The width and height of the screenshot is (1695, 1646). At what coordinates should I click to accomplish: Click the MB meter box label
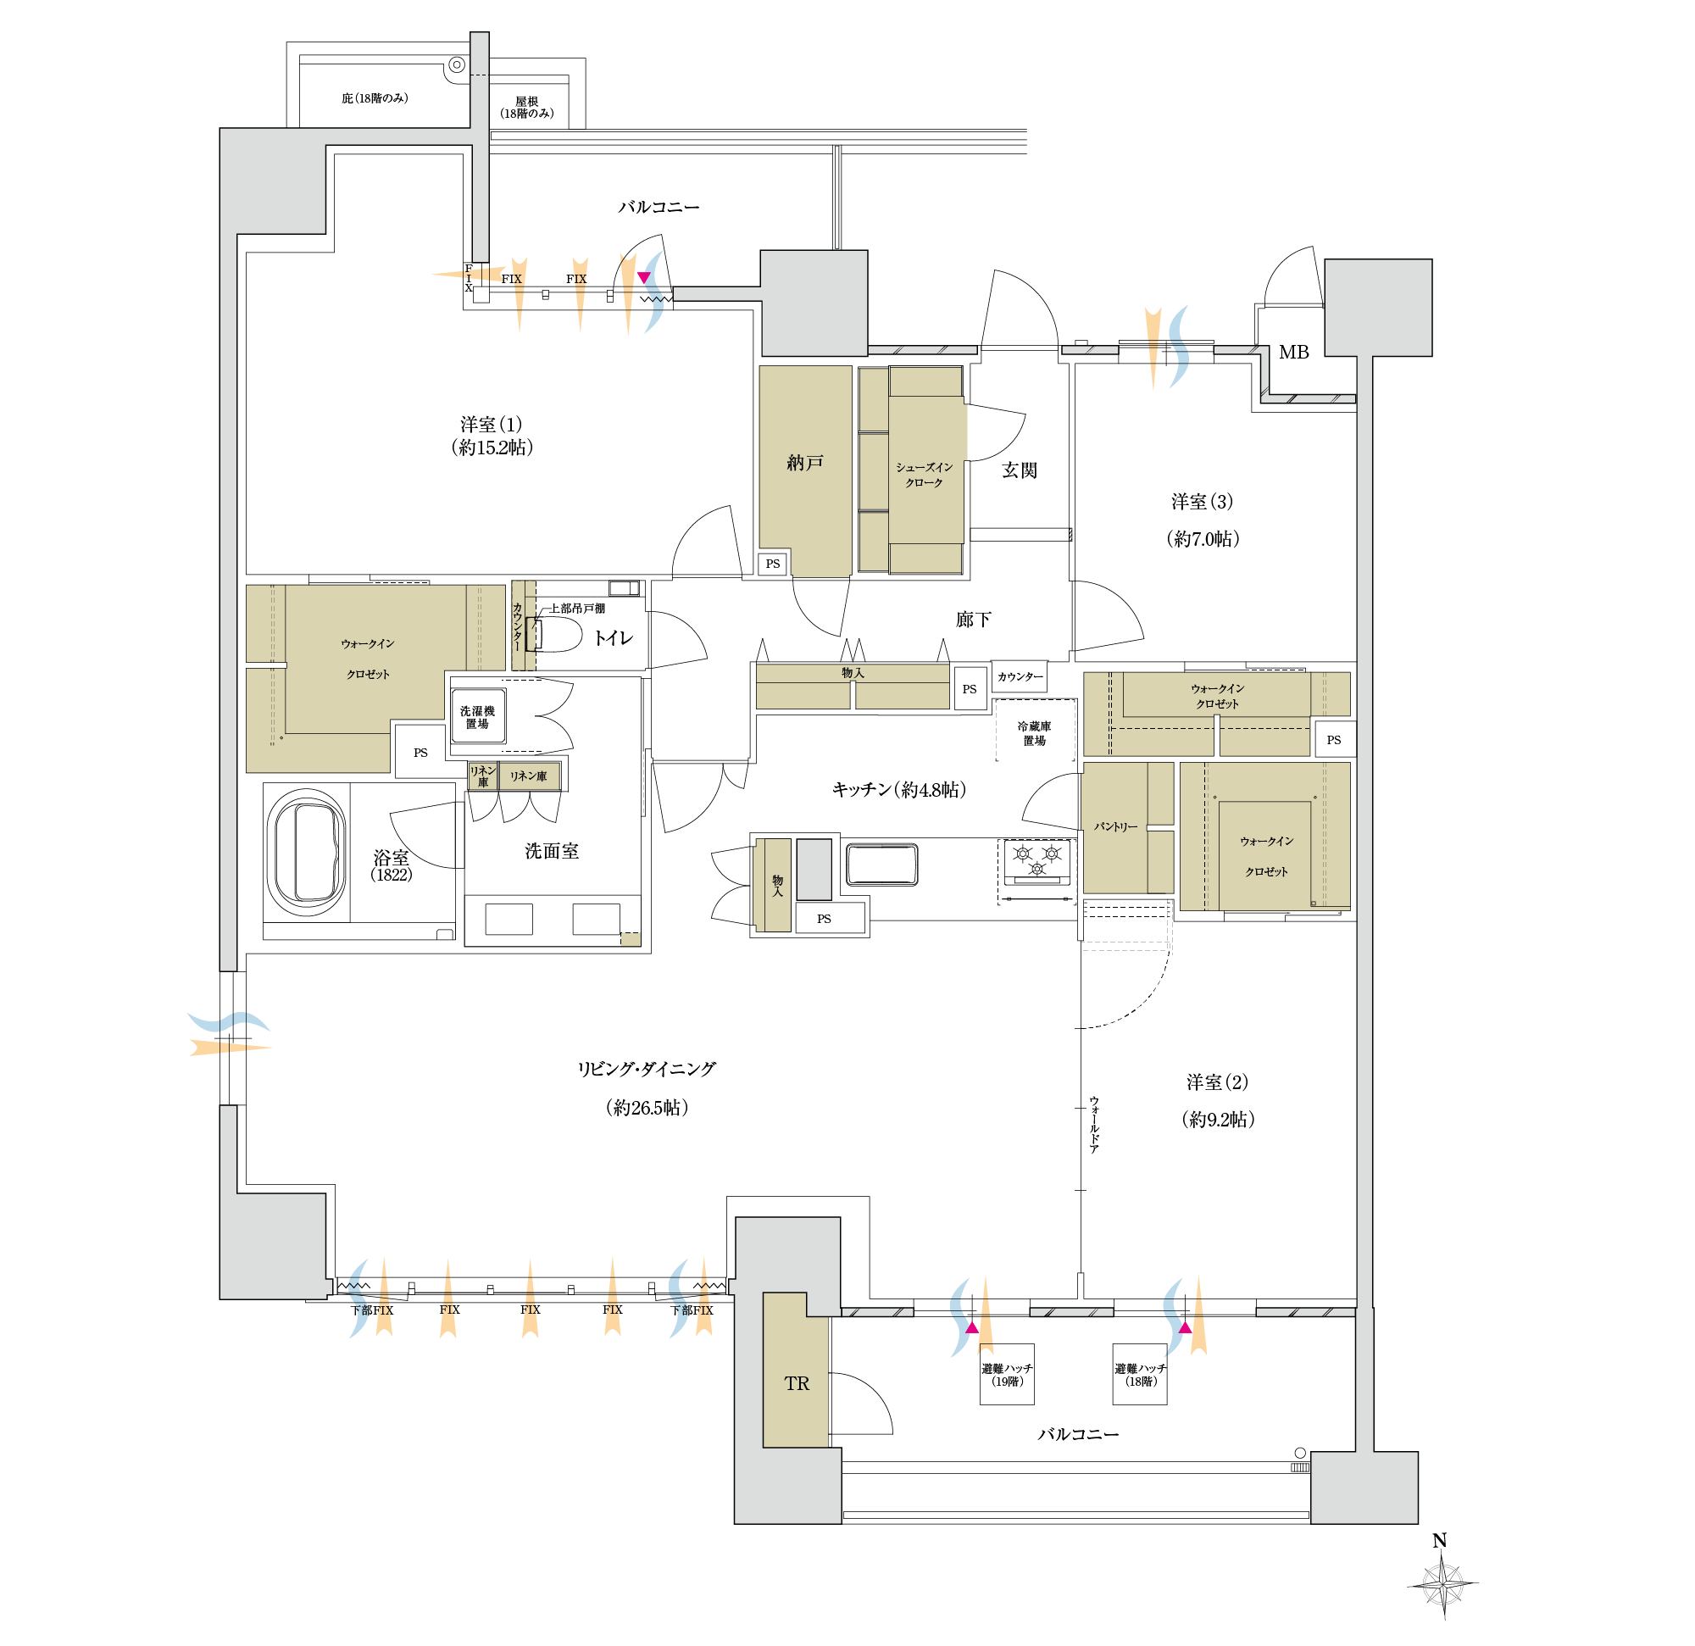click(x=1294, y=352)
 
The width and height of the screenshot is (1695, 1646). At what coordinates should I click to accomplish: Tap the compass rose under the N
click(x=1443, y=1585)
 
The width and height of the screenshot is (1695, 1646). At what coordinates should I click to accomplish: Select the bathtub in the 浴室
click(x=306, y=853)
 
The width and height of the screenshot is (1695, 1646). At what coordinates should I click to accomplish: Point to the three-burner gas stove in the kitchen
click(x=1036, y=862)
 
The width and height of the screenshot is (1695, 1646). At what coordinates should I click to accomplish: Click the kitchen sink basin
click(x=881, y=864)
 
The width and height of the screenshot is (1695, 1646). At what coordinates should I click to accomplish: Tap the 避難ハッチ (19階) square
click(x=1007, y=1374)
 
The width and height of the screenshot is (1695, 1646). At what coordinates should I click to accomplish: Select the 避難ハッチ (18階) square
click(x=1140, y=1374)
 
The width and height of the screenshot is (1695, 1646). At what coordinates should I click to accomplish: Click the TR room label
click(x=797, y=1384)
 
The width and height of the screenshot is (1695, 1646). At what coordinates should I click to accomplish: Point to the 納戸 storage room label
click(x=804, y=463)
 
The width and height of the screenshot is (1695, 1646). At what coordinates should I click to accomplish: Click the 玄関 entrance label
click(x=1020, y=470)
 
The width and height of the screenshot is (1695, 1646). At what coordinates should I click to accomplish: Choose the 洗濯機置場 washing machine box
click(x=477, y=716)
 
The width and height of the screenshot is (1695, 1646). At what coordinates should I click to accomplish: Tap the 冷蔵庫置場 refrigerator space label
click(x=1034, y=733)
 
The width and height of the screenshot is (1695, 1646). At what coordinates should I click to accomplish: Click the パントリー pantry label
click(x=1115, y=827)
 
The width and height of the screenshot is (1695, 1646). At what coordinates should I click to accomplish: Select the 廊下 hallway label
click(x=973, y=620)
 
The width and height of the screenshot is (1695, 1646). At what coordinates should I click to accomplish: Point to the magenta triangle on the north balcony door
click(x=643, y=277)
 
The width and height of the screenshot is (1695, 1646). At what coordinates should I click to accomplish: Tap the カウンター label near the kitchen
click(x=1020, y=676)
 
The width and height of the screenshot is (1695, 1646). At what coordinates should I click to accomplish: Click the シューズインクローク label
click(x=924, y=475)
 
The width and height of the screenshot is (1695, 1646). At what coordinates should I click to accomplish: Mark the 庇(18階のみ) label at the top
click(x=375, y=98)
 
